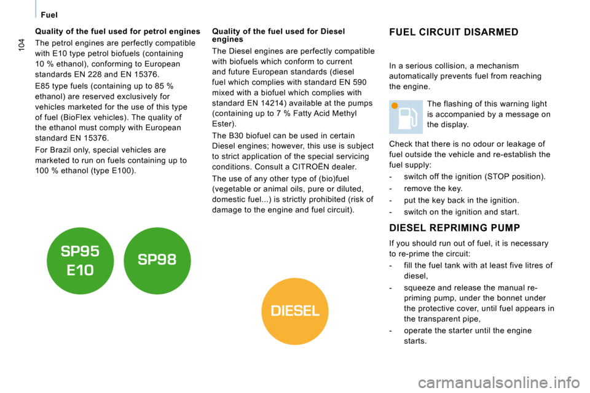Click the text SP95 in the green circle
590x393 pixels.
(80, 252)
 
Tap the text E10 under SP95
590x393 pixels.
(80, 270)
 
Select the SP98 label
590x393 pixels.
(157, 260)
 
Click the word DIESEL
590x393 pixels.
(295, 311)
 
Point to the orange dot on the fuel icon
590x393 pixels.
(395, 106)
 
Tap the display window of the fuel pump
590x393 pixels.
(404, 114)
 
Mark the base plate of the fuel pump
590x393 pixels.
(405, 128)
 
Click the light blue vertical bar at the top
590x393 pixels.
(36, 9)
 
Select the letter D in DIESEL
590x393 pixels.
(276, 311)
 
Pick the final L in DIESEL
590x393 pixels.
(315, 311)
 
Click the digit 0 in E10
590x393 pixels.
(89, 270)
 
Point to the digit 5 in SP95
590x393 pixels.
(94, 252)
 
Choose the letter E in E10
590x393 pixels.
(71, 270)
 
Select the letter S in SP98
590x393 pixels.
(143, 260)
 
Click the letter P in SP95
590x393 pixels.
(75, 252)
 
